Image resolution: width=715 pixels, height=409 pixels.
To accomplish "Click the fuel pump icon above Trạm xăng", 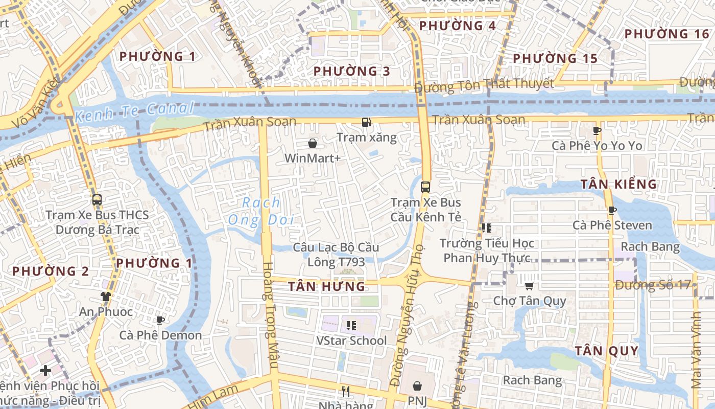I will point(366,122).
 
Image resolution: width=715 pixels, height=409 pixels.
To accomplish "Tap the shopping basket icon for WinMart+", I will point(313,144).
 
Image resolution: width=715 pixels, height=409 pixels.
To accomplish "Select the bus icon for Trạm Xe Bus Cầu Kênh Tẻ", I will point(425,187).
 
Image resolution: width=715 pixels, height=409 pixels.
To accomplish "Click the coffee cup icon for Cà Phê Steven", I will point(612,210).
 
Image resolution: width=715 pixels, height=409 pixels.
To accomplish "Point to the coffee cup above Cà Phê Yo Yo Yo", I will point(597,130).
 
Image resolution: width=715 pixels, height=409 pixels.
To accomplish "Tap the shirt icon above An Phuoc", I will point(105,297).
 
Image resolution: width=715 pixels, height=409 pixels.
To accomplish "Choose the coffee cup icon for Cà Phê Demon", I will point(160,321).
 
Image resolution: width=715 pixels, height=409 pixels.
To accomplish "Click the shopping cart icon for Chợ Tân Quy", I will point(529,286).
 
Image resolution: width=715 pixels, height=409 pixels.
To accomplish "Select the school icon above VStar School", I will point(351,325).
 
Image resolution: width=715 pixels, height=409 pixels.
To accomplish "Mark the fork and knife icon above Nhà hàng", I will point(346,392).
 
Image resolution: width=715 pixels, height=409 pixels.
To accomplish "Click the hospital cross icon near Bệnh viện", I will point(45,370).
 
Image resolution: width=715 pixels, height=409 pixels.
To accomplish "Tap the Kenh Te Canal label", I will point(134,111).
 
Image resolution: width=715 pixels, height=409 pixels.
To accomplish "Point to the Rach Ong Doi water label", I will point(261,211).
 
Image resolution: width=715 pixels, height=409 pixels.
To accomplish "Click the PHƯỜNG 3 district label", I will point(351,71).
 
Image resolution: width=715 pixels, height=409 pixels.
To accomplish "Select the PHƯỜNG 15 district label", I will point(555,58).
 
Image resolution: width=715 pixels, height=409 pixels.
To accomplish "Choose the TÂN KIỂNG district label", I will point(618,184).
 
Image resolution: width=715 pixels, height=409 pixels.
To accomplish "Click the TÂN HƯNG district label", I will point(327,286).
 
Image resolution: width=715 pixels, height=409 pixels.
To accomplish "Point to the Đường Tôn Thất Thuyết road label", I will point(484,85).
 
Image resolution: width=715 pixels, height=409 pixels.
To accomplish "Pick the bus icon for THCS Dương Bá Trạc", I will point(97,200).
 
